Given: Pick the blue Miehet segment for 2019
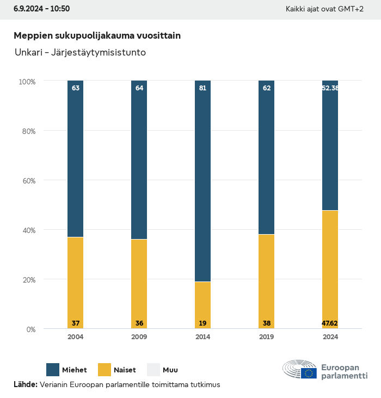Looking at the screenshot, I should click(x=266, y=158).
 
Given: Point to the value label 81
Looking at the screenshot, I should click(x=202, y=88).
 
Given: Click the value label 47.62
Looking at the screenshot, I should click(x=330, y=323).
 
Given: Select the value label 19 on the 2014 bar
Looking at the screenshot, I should click(x=202, y=323).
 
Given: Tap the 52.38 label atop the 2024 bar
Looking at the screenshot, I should click(x=330, y=88).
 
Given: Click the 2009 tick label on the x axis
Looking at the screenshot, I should click(x=139, y=337).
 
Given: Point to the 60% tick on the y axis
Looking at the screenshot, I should click(x=27, y=181).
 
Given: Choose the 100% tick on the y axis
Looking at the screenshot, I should click(x=27, y=82).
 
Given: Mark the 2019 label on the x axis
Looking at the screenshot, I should click(x=266, y=337).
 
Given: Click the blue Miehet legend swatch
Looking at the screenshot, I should click(x=53, y=370).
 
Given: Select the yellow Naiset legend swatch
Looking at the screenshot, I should click(x=104, y=370).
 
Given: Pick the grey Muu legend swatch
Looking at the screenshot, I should click(x=153, y=370).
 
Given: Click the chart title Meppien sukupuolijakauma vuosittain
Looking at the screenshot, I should click(x=97, y=35).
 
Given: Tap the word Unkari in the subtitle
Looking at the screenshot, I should click(x=27, y=53).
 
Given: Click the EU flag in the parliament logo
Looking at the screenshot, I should click(x=309, y=373).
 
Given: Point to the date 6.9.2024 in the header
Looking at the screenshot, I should click(x=29, y=9).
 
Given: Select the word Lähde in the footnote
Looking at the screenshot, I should click(x=24, y=384).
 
